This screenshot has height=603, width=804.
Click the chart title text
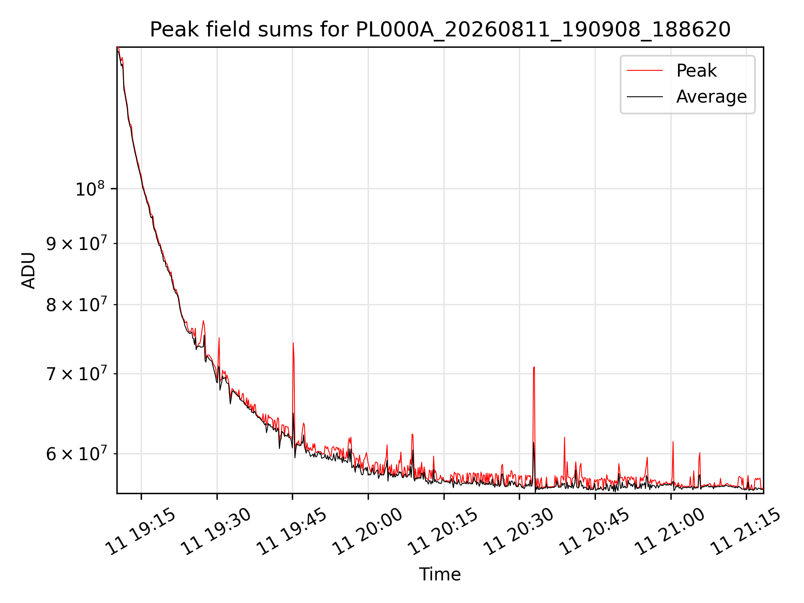pos(440,30)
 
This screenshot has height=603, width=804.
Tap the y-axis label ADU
pos(28,271)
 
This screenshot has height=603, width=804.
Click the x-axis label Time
pos(440,575)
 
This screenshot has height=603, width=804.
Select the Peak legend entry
pos(672,71)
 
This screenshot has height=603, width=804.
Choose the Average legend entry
pos(687,97)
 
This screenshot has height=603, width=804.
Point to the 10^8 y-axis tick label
pos(90,189)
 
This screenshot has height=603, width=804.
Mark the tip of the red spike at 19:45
pos(293,343)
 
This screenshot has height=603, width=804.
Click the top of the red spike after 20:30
pos(534,367)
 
